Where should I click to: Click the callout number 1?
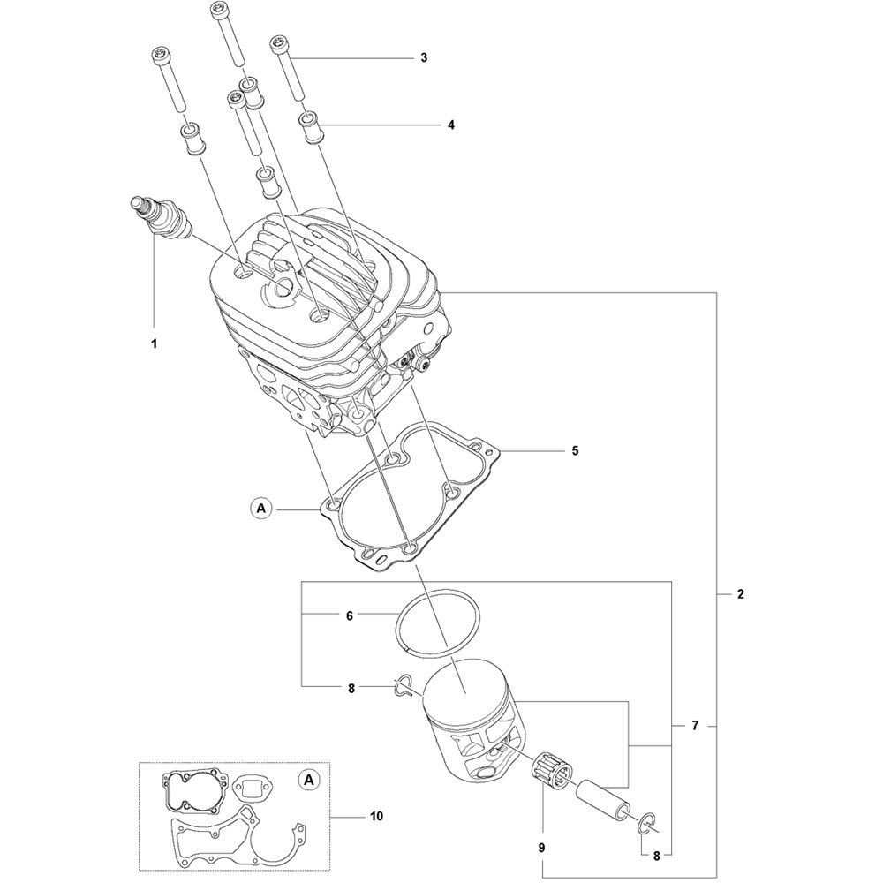point(154,343)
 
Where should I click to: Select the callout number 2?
point(740,593)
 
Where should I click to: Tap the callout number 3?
point(424,57)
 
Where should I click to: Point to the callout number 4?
point(450,125)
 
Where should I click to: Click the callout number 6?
point(349,616)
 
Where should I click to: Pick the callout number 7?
point(695,726)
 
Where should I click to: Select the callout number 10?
point(376,815)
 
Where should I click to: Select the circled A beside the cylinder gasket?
point(260,509)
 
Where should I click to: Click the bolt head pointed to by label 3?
point(277,42)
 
